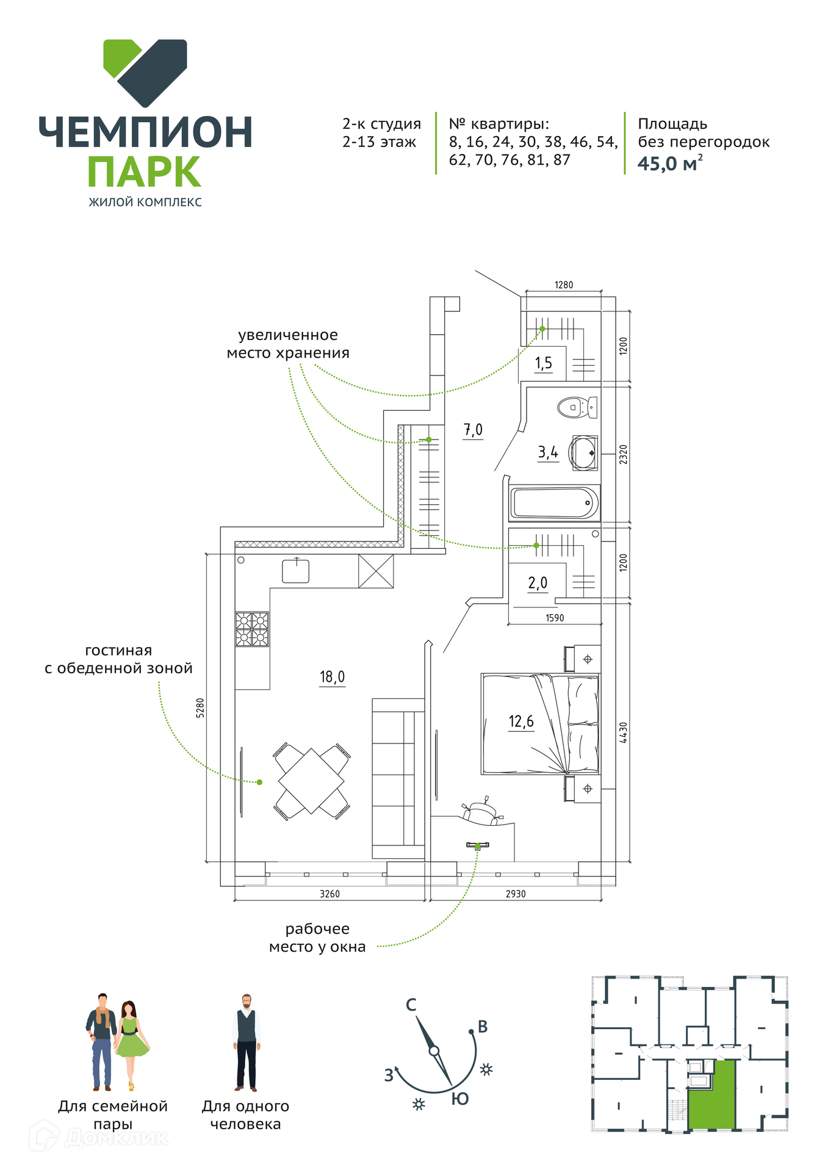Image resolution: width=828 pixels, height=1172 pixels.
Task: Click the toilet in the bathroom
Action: point(577,407)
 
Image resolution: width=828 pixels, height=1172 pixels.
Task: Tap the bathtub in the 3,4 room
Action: point(553,503)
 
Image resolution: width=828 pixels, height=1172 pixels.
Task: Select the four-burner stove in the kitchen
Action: point(252,629)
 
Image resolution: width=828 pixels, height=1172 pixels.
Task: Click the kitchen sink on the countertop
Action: point(295,571)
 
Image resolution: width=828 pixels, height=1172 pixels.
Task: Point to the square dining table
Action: point(311,781)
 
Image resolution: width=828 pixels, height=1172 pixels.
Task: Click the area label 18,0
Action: point(332,677)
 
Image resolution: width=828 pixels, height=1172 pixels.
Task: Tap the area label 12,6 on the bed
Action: point(521,722)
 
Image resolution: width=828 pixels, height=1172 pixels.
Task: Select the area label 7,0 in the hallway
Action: point(473,430)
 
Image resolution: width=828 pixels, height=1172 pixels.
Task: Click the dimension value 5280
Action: point(200,708)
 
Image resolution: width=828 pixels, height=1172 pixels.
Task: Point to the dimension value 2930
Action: point(516,894)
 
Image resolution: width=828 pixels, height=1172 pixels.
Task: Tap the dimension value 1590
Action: point(555,618)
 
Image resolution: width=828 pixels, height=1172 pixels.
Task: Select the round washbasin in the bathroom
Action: point(583,454)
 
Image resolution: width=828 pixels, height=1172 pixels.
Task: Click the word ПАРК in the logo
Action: point(145,172)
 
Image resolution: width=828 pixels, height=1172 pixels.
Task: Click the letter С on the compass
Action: point(411,1005)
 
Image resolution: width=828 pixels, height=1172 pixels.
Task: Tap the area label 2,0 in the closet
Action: point(538,583)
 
